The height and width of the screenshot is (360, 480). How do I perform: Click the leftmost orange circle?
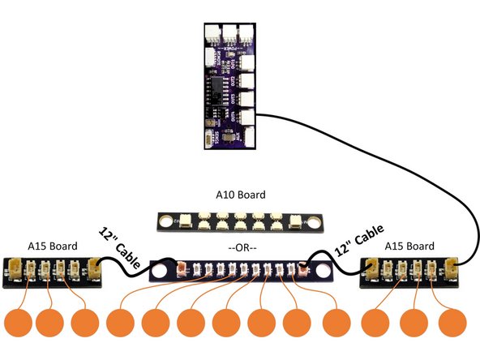pos(18,322)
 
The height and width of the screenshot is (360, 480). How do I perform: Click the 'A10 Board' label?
pos(241,195)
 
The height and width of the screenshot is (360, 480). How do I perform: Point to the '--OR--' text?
pos(241,246)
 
